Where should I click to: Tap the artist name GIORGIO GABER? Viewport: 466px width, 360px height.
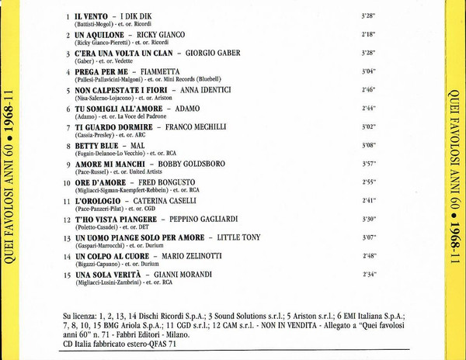[x=212, y=54]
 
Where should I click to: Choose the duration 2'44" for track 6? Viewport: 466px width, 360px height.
[x=369, y=109]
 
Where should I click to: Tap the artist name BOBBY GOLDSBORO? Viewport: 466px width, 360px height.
[x=193, y=164]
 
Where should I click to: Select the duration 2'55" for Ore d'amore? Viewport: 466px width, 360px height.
[x=369, y=182]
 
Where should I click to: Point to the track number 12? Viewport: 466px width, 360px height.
[x=68, y=220]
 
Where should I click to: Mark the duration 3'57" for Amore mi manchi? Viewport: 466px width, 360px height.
[x=369, y=164]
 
